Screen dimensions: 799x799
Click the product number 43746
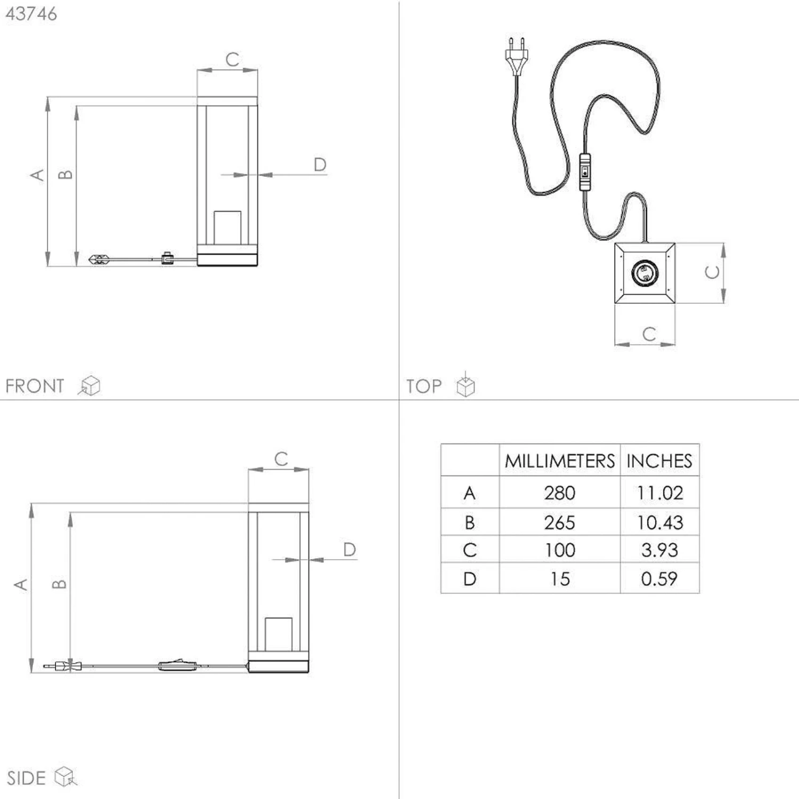point(31,14)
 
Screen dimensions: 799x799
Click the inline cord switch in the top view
point(585,172)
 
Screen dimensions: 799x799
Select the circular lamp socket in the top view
point(645,273)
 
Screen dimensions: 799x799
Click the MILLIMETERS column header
point(560,461)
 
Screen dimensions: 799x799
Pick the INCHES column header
point(659,461)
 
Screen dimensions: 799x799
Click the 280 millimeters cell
point(560,493)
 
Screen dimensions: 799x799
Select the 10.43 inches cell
point(660,523)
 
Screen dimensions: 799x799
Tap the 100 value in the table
point(560,550)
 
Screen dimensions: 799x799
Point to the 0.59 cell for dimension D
point(659,578)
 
